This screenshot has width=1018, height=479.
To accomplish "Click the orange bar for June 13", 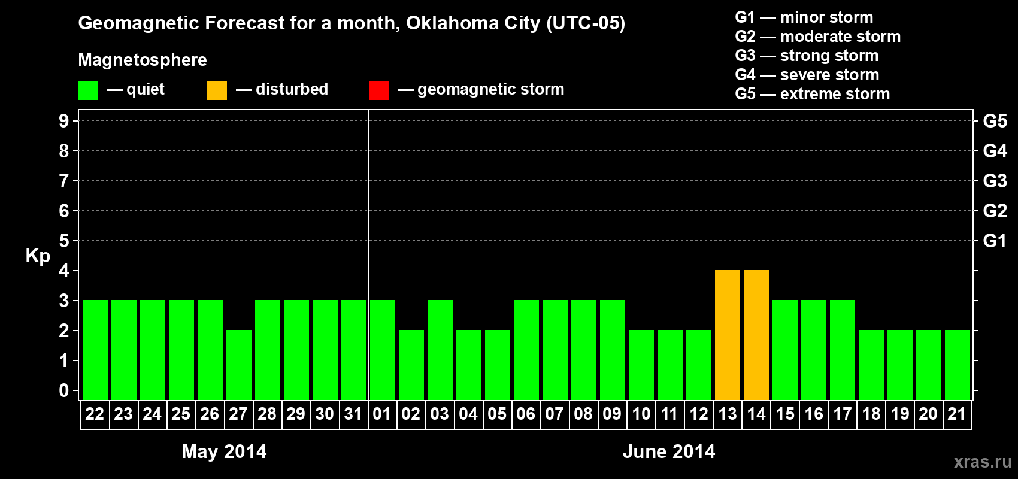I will click(728, 335).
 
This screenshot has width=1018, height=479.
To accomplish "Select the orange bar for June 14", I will click(756, 335).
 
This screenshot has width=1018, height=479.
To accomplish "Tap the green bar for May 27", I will click(239, 365).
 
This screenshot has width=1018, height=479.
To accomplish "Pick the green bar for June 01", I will click(383, 350).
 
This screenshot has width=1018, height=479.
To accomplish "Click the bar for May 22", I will click(95, 350).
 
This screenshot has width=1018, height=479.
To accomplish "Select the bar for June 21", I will click(958, 365).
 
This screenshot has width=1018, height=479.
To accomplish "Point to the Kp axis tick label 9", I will click(64, 121).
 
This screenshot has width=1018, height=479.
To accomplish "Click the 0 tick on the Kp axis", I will click(64, 390).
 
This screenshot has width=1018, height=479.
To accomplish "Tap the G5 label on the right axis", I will click(995, 121).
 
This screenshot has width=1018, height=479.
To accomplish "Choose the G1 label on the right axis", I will click(995, 241).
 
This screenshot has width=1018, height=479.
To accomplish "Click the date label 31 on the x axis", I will click(353, 414).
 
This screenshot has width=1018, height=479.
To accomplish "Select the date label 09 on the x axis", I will click(612, 414).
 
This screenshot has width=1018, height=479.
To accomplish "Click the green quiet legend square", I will click(87, 90).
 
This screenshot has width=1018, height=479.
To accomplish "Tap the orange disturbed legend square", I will click(217, 90).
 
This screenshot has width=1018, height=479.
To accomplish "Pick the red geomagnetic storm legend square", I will click(378, 90).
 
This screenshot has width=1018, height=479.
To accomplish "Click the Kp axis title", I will click(38, 256).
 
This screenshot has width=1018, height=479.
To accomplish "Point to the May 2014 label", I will click(224, 451).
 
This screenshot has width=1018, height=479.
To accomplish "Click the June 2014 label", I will click(669, 451).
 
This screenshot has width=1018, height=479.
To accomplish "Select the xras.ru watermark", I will click(983, 462).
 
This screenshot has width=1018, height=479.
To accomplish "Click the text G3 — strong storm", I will click(807, 56).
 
